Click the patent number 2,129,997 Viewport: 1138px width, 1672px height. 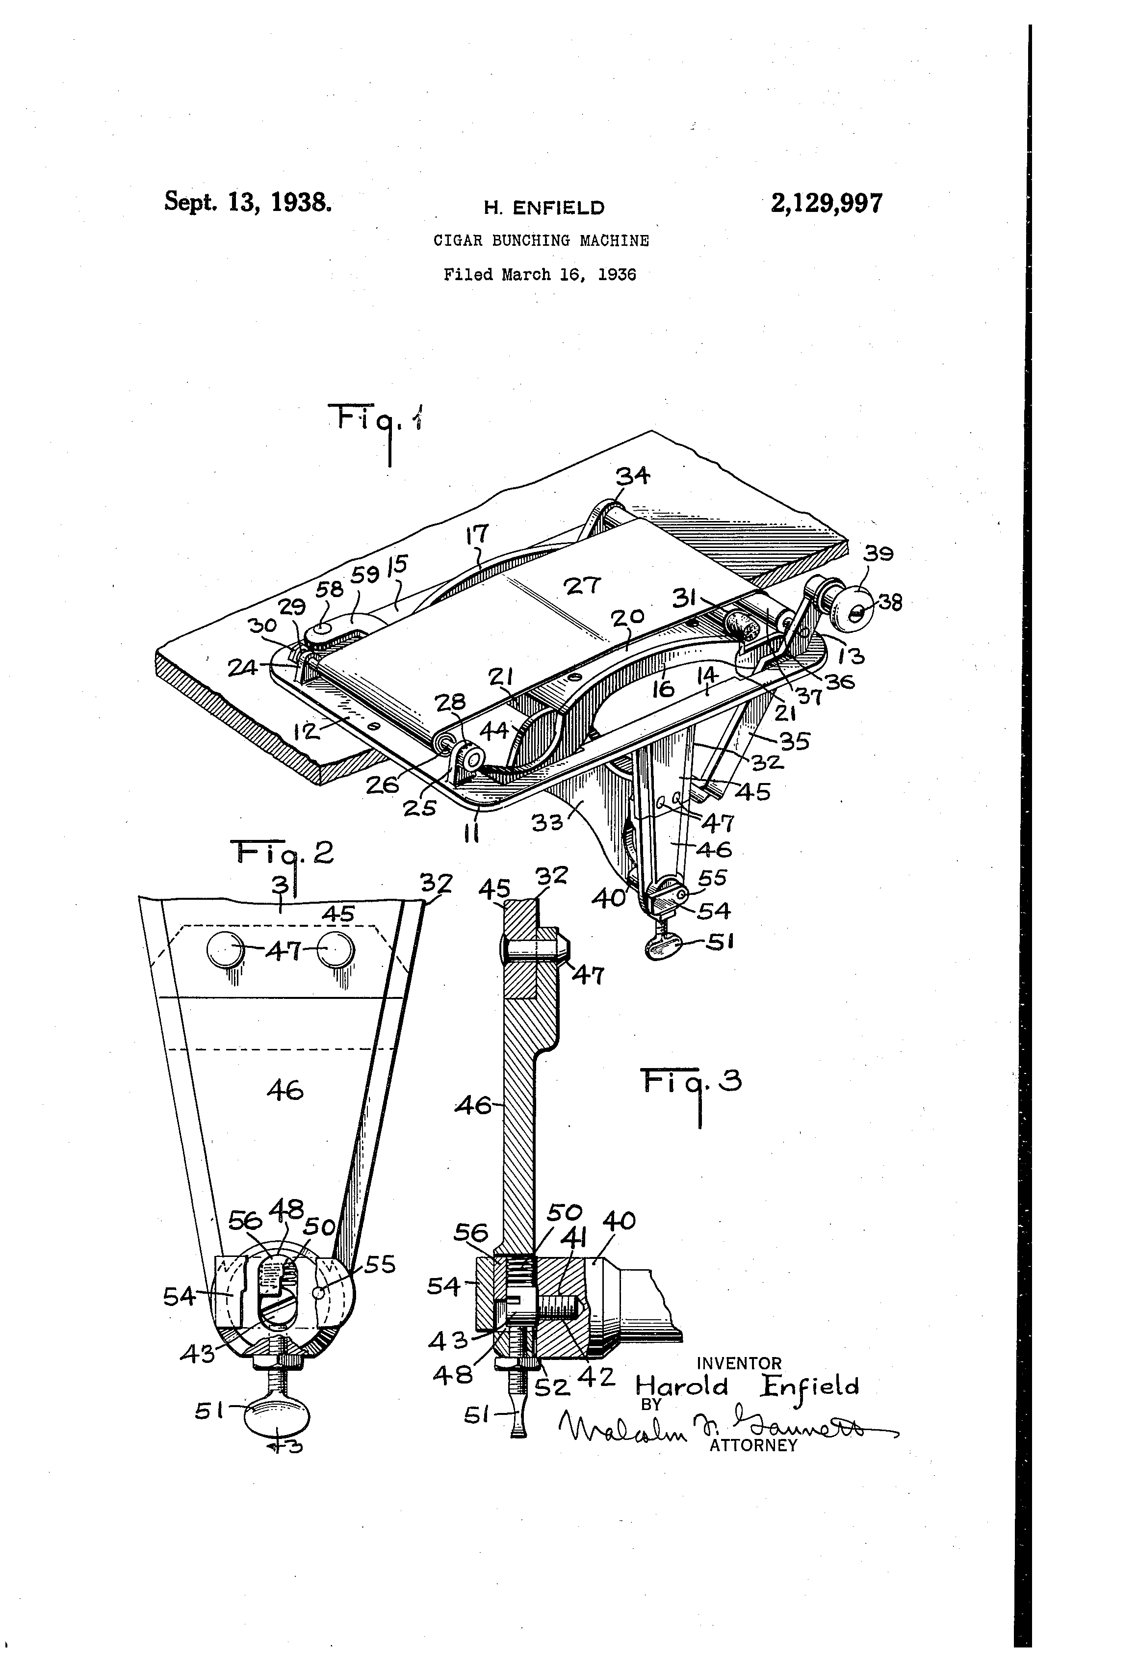pyautogui.click(x=827, y=204)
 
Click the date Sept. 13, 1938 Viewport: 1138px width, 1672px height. pyautogui.click(x=248, y=202)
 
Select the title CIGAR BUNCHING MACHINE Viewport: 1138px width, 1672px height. pyautogui.click(x=541, y=240)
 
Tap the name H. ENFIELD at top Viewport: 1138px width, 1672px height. pyautogui.click(x=544, y=209)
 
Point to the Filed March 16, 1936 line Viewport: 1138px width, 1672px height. pyautogui.click(x=540, y=274)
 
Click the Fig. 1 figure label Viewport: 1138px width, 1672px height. pyautogui.click(x=376, y=421)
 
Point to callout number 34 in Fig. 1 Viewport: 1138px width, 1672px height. pyautogui.click(x=633, y=475)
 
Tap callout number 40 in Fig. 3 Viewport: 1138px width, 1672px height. pyautogui.click(x=618, y=1221)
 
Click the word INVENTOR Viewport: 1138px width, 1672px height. pyautogui.click(x=739, y=1363)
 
